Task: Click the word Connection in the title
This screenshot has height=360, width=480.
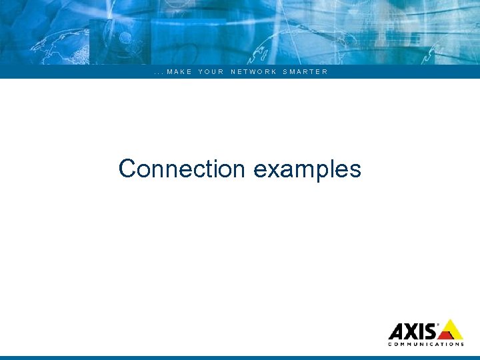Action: coord(182,169)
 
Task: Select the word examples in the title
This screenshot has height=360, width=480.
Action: coord(307,169)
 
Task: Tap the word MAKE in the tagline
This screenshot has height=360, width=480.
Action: coord(179,72)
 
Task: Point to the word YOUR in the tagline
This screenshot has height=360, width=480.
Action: coord(211,72)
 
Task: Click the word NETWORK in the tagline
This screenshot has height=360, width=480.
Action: coord(253,72)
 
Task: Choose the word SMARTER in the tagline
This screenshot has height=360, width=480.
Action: coord(305,72)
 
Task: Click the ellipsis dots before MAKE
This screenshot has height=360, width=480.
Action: coord(158,73)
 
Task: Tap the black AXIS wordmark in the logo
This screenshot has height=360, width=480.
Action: coord(413,331)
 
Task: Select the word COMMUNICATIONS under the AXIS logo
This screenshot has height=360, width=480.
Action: coord(425,345)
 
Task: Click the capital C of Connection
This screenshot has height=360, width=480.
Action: coord(127,169)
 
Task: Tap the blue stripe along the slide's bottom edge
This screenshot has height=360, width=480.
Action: coord(240,358)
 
